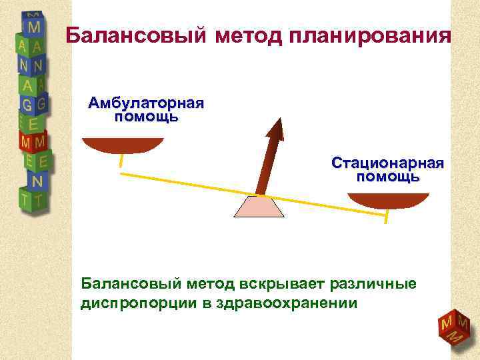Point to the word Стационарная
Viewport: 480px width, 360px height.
coord(388,163)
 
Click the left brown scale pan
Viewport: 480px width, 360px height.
coord(122,145)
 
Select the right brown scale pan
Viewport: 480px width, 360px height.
coord(389,199)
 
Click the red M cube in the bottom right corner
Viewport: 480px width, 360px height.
coord(453,327)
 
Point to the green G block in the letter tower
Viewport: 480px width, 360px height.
coord(29,105)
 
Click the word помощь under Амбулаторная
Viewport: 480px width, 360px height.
coord(146,117)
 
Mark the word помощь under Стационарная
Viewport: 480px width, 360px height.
coord(388,177)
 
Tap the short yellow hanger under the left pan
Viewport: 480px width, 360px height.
coord(121,161)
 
